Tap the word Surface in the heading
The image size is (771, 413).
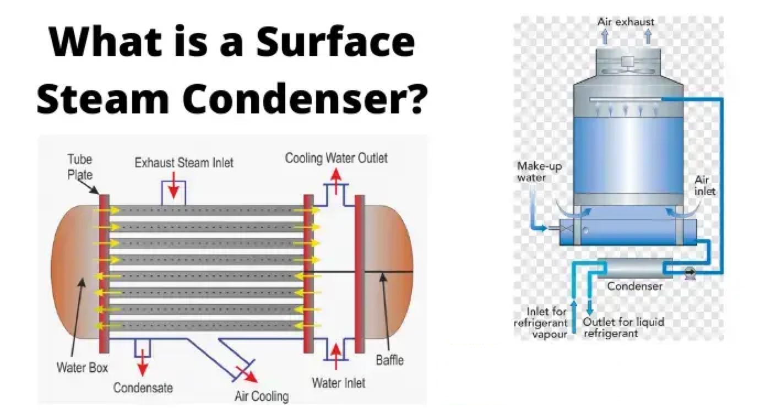(x=337, y=42)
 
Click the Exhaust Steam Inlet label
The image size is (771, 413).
(x=184, y=162)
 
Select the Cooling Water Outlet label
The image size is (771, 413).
(x=336, y=159)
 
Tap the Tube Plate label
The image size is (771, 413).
(x=80, y=166)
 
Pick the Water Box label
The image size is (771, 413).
(x=83, y=367)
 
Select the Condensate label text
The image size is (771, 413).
(x=143, y=388)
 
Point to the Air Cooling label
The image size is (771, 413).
(x=261, y=395)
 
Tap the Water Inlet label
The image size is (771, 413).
(x=338, y=382)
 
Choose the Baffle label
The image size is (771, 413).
(x=389, y=360)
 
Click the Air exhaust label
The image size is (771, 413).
(x=626, y=22)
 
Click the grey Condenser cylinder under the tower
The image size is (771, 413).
(x=635, y=269)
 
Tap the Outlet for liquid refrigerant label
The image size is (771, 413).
(x=623, y=327)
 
